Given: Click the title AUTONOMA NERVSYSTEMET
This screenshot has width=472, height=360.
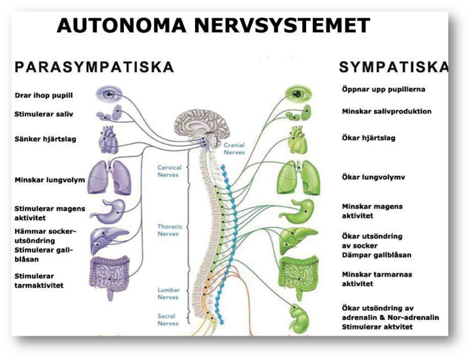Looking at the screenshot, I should (213, 26).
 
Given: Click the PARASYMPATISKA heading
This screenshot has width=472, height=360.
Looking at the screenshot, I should (94, 67).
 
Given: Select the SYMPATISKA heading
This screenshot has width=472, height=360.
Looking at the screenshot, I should (394, 67).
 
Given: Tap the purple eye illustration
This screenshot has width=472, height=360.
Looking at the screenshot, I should (109, 94).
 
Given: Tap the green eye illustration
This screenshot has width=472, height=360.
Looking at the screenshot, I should (298, 94).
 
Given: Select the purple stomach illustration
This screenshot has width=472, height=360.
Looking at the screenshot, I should (109, 210).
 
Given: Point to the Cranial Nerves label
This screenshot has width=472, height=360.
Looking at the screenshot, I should (234, 149).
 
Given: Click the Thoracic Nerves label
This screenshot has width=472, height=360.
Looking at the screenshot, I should (169, 230).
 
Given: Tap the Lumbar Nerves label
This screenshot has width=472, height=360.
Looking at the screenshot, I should (169, 294).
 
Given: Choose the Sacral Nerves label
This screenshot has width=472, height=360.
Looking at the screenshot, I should (169, 319).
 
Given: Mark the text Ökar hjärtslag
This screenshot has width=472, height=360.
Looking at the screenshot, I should (368, 138).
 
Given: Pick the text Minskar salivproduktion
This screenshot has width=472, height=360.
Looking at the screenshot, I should (386, 111).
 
